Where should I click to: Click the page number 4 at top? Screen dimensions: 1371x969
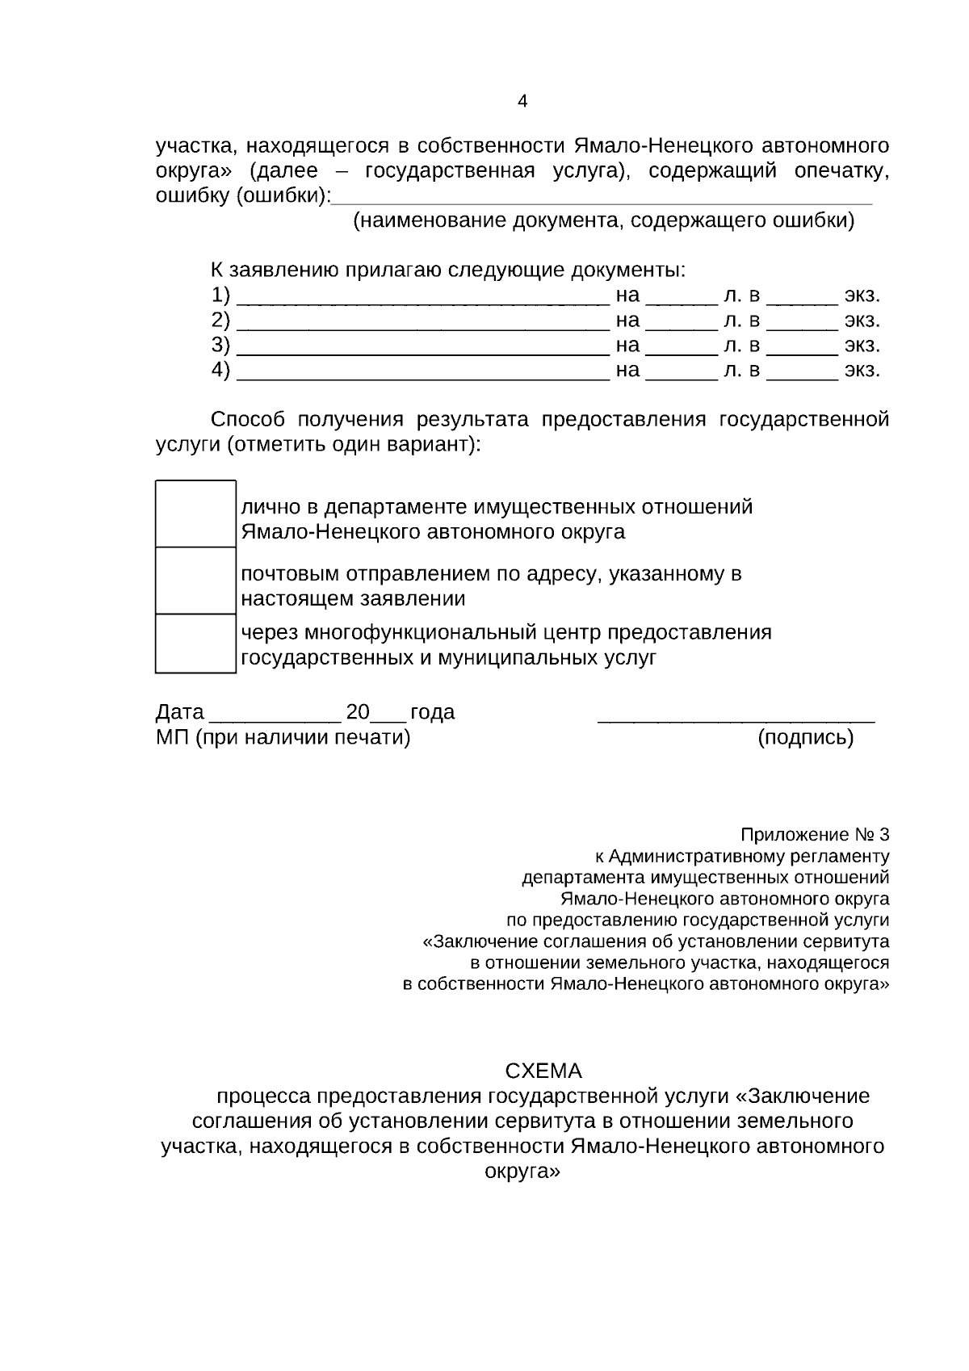(522, 102)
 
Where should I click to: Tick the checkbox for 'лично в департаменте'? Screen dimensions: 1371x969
(195, 514)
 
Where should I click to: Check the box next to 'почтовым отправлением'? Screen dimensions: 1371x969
(195, 581)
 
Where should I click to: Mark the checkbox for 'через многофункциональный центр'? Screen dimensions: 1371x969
(195, 643)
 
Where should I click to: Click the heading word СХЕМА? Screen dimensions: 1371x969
(543, 1071)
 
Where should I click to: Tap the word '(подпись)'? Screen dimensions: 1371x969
(805, 737)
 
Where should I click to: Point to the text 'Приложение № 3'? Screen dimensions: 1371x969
(815, 834)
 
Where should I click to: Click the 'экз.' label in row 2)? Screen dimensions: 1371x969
(862, 321)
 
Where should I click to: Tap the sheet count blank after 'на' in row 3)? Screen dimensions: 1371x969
(682, 351)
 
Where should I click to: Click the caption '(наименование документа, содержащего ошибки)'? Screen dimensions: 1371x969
(603, 220)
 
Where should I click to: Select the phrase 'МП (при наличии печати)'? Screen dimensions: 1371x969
(283, 737)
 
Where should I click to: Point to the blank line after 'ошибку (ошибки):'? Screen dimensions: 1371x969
(602, 200)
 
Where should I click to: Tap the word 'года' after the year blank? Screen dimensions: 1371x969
(433, 712)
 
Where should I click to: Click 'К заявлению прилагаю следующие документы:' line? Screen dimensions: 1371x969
(447, 270)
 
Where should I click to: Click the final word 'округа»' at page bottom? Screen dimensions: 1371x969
(522, 1172)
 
